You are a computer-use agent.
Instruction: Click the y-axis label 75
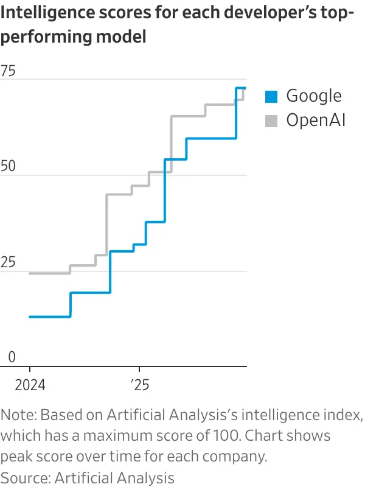tap(9, 71)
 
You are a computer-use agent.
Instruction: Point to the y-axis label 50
tap(9, 167)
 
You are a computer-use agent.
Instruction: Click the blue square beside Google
tap(271, 96)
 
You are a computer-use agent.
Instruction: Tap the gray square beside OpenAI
tap(271, 121)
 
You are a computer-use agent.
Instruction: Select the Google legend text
tap(314, 96)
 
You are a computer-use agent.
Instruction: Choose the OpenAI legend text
tap(316, 121)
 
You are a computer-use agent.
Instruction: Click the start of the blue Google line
tap(30, 317)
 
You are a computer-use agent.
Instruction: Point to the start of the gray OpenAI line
tap(30, 273)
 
